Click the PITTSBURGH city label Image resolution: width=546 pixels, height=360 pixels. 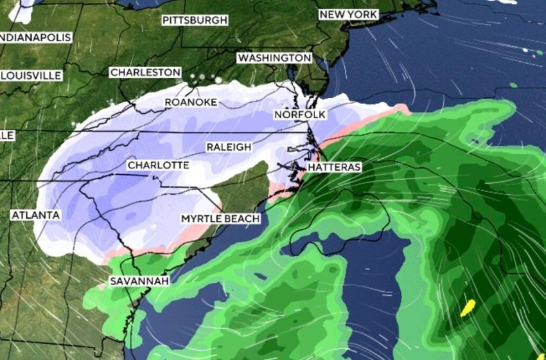click(x=195, y=21)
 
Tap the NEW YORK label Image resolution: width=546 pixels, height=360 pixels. click(x=349, y=14)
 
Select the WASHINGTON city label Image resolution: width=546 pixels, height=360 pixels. click(x=274, y=58)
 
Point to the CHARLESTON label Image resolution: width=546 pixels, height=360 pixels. click(x=145, y=73)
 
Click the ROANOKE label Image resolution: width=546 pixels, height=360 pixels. click(x=191, y=102)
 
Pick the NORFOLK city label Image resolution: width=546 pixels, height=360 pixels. click(x=300, y=114)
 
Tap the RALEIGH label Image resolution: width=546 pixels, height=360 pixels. click(x=229, y=147)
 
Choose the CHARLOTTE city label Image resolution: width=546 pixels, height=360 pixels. click(x=158, y=165)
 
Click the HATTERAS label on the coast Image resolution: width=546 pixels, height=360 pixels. click(x=334, y=167)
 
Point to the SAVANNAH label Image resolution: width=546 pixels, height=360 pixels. click(x=139, y=282)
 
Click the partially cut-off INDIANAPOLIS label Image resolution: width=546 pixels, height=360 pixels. click(x=35, y=37)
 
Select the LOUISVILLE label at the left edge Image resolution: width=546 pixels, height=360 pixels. click(x=31, y=76)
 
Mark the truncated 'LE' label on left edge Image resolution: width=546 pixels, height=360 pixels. click(x=7, y=135)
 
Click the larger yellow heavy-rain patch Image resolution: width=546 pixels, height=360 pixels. click(x=468, y=308)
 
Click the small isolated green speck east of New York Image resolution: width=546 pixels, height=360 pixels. click(x=513, y=85)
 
